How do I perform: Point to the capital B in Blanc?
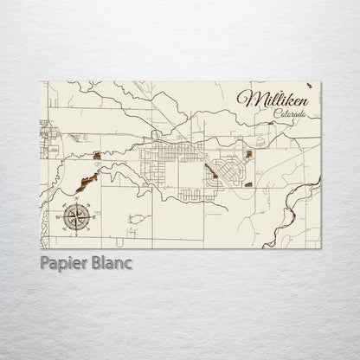point(97,261)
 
